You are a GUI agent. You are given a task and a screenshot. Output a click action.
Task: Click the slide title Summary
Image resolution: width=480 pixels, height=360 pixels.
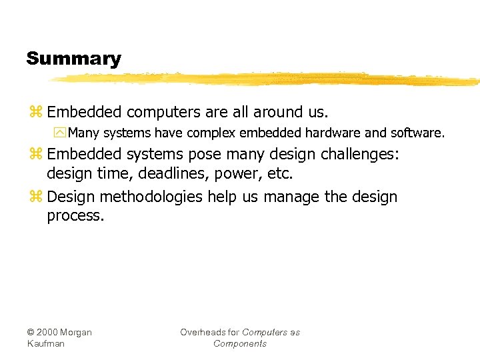click(x=73, y=59)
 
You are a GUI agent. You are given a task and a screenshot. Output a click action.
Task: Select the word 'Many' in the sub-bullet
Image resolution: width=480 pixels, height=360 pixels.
click(x=83, y=133)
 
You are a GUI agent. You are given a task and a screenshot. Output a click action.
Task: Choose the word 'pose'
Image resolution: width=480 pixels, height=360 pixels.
click(x=205, y=155)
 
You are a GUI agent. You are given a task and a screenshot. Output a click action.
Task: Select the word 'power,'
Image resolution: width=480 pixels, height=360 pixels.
click(x=237, y=175)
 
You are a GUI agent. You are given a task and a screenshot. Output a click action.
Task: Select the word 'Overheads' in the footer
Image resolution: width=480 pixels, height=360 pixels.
click(x=202, y=332)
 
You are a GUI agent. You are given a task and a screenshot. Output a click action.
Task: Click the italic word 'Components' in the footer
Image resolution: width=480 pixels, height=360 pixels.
click(x=239, y=343)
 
